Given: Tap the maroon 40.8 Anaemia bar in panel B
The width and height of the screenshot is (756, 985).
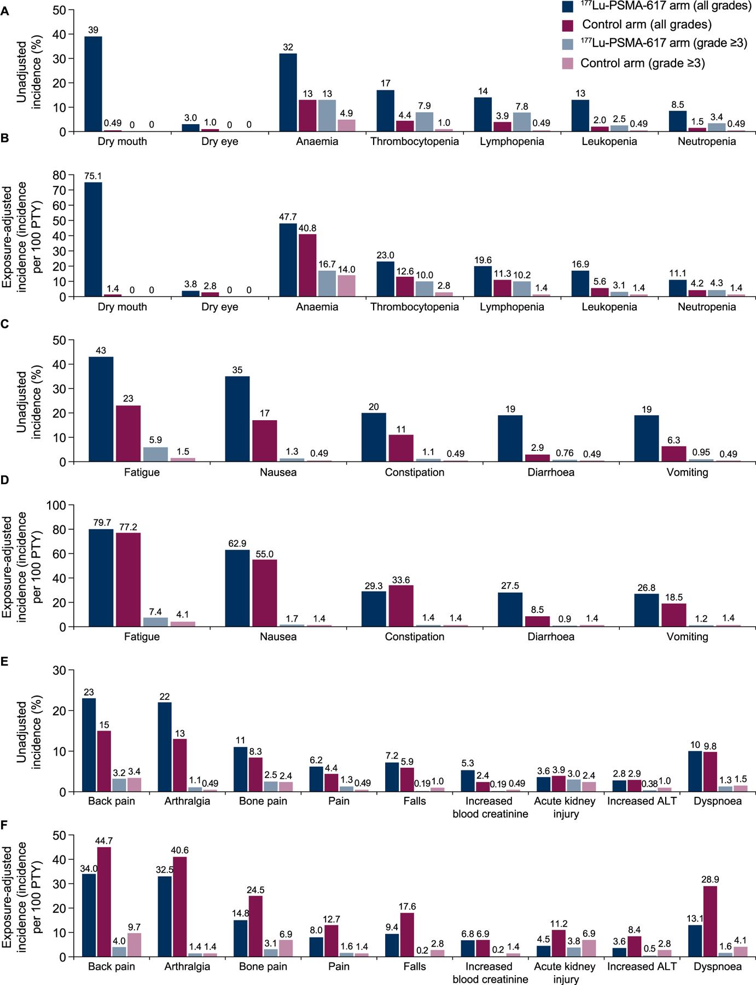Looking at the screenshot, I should tap(307, 265).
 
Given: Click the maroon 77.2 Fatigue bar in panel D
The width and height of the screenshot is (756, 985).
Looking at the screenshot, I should tap(128, 580).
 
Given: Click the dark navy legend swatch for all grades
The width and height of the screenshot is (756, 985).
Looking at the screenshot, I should tap(568, 6).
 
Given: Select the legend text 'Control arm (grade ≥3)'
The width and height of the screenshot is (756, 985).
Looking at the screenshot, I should tap(642, 63).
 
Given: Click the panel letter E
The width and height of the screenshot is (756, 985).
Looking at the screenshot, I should tap(5, 662).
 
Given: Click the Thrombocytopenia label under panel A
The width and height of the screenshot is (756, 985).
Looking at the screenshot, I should tap(415, 142).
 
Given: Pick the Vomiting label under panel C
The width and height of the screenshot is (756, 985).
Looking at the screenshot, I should tap(687, 472).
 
